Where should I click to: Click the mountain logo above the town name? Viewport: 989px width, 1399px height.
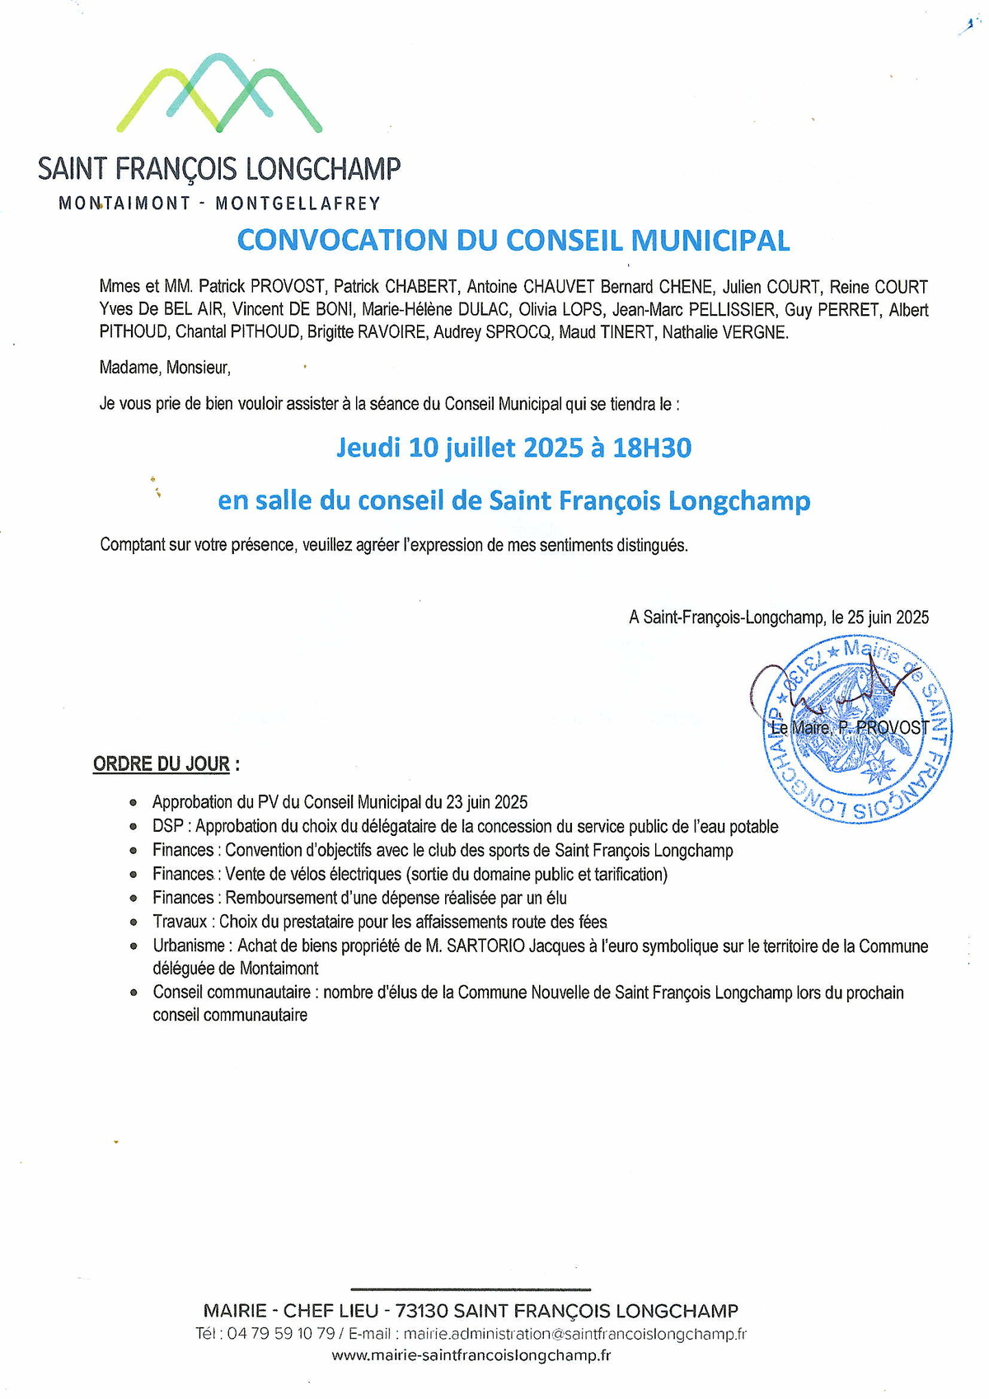pyautogui.click(x=219, y=93)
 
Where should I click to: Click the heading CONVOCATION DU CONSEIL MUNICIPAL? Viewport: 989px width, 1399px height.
pyautogui.click(x=513, y=240)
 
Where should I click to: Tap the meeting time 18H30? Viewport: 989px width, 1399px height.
pyautogui.click(x=652, y=448)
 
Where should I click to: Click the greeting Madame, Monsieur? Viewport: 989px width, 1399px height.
pyautogui.click(x=165, y=368)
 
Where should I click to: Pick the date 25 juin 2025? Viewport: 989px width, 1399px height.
pyautogui.click(x=888, y=617)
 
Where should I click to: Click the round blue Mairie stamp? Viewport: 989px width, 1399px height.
pyautogui.click(x=857, y=730)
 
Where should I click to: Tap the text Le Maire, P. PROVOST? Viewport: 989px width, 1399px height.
pyautogui.click(x=849, y=727)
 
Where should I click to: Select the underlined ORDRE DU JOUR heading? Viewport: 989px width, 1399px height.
pyautogui.click(x=162, y=763)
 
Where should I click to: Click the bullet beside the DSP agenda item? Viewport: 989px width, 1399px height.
pyautogui.click(x=134, y=826)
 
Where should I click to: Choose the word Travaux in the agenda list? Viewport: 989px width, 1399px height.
pyautogui.click(x=180, y=922)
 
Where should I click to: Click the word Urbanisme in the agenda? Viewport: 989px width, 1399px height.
pyautogui.click(x=189, y=946)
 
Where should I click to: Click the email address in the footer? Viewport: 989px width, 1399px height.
pyautogui.click(x=575, y=1334)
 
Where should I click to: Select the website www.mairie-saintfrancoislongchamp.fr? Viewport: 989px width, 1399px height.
pyautogui.click(x=471, y=1355)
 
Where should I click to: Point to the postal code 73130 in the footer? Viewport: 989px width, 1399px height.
pyautogui.click(x=421, y=1311)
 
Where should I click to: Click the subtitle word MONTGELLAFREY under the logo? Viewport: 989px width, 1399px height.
pyautogui.click(x=298, y=204)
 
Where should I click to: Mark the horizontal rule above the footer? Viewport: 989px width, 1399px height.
pyautogui.click(x=471, y=1289)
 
